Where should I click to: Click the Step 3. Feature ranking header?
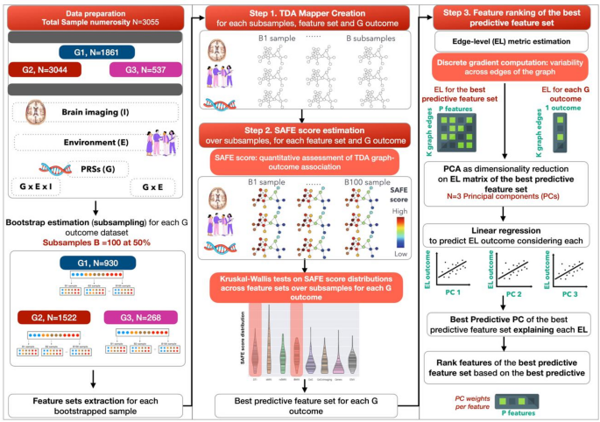pos(501,17)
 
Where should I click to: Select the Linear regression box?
pos(500,234)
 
